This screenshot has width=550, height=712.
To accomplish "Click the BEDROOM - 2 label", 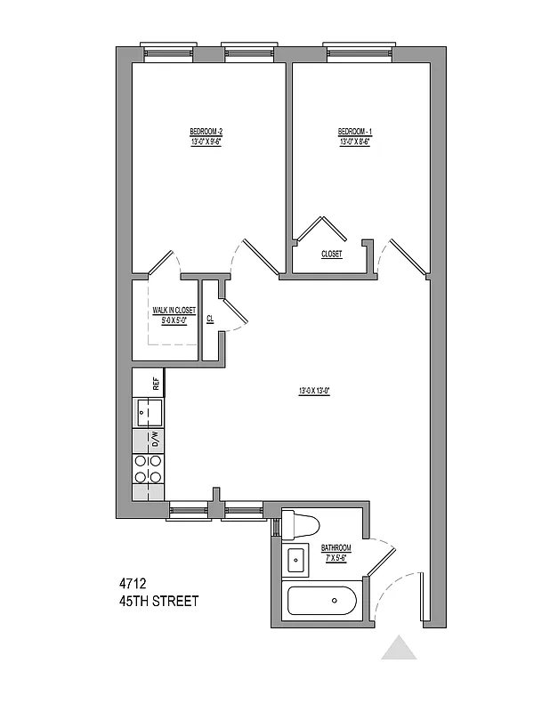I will [205, 132].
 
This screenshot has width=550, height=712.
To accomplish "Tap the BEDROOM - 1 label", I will [353, 132].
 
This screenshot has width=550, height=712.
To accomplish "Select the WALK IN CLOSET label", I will [174, 311].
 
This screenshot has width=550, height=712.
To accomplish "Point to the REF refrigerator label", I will [156, 384].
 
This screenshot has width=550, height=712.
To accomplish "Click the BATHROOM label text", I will [336, 547].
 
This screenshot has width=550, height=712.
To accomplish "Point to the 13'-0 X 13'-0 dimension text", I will [314, 391].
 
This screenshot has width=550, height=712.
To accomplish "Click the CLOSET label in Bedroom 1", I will [332, 255].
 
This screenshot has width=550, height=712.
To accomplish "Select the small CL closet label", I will [210, 319].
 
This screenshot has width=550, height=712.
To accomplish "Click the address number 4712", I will [133, 584].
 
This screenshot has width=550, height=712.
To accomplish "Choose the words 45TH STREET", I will [158, 602].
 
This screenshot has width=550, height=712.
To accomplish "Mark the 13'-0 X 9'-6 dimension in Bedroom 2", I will [205, 142].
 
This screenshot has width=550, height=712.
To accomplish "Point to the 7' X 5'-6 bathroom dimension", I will [336, 557].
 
